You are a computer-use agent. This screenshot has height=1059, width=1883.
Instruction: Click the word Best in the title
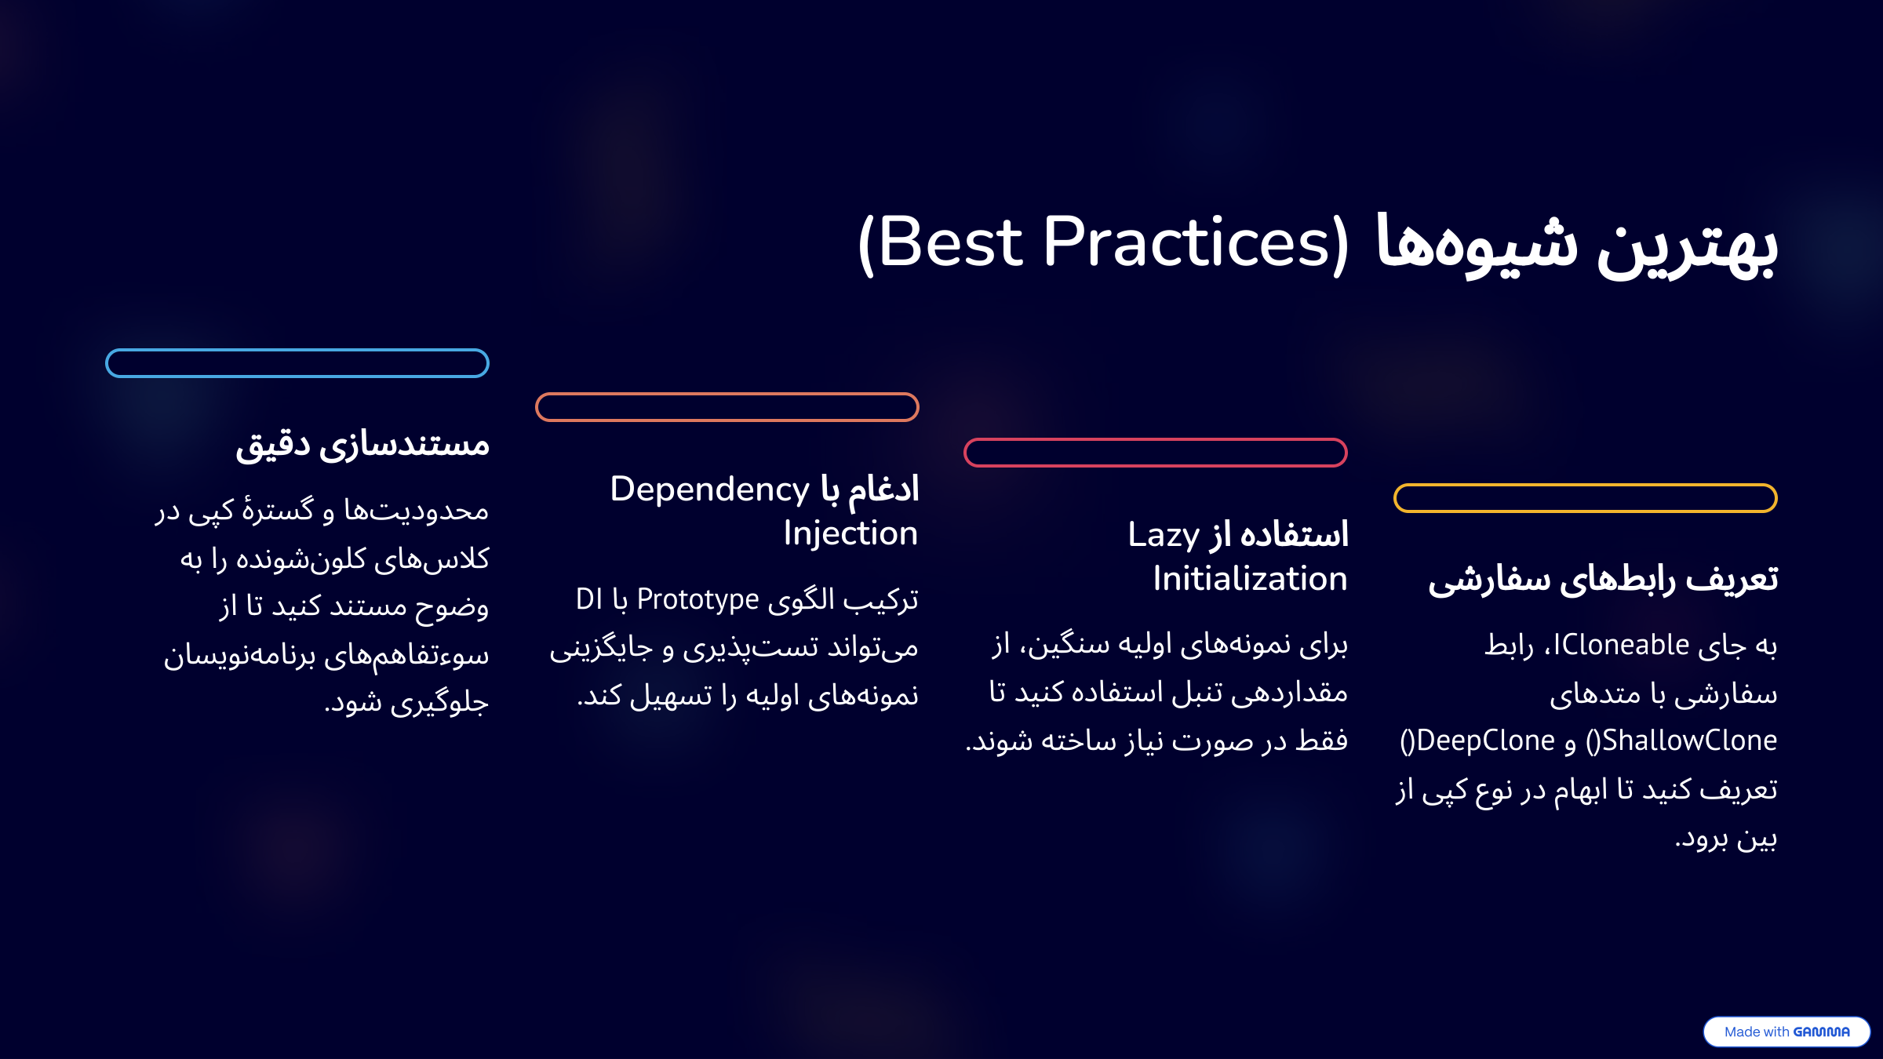[950, 242]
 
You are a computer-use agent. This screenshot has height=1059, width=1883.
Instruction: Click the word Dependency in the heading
[710, 490]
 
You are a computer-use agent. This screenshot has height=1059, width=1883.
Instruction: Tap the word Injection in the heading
[850, 534]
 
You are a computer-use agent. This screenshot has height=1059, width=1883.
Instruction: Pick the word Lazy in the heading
[1164, 536]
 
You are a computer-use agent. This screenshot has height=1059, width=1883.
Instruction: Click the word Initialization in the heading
[1250, 579]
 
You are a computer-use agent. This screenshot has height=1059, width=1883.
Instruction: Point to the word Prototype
[697, 600]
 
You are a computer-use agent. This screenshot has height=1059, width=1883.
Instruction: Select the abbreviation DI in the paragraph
[589, 599]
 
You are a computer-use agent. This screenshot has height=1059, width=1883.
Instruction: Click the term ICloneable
[1621, 645]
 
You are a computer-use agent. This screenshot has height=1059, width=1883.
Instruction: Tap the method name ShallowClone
[1689, 741]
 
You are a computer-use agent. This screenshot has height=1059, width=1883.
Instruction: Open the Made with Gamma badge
[1786, 1032]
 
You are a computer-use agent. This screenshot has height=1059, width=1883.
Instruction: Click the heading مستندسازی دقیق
[362, 445]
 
